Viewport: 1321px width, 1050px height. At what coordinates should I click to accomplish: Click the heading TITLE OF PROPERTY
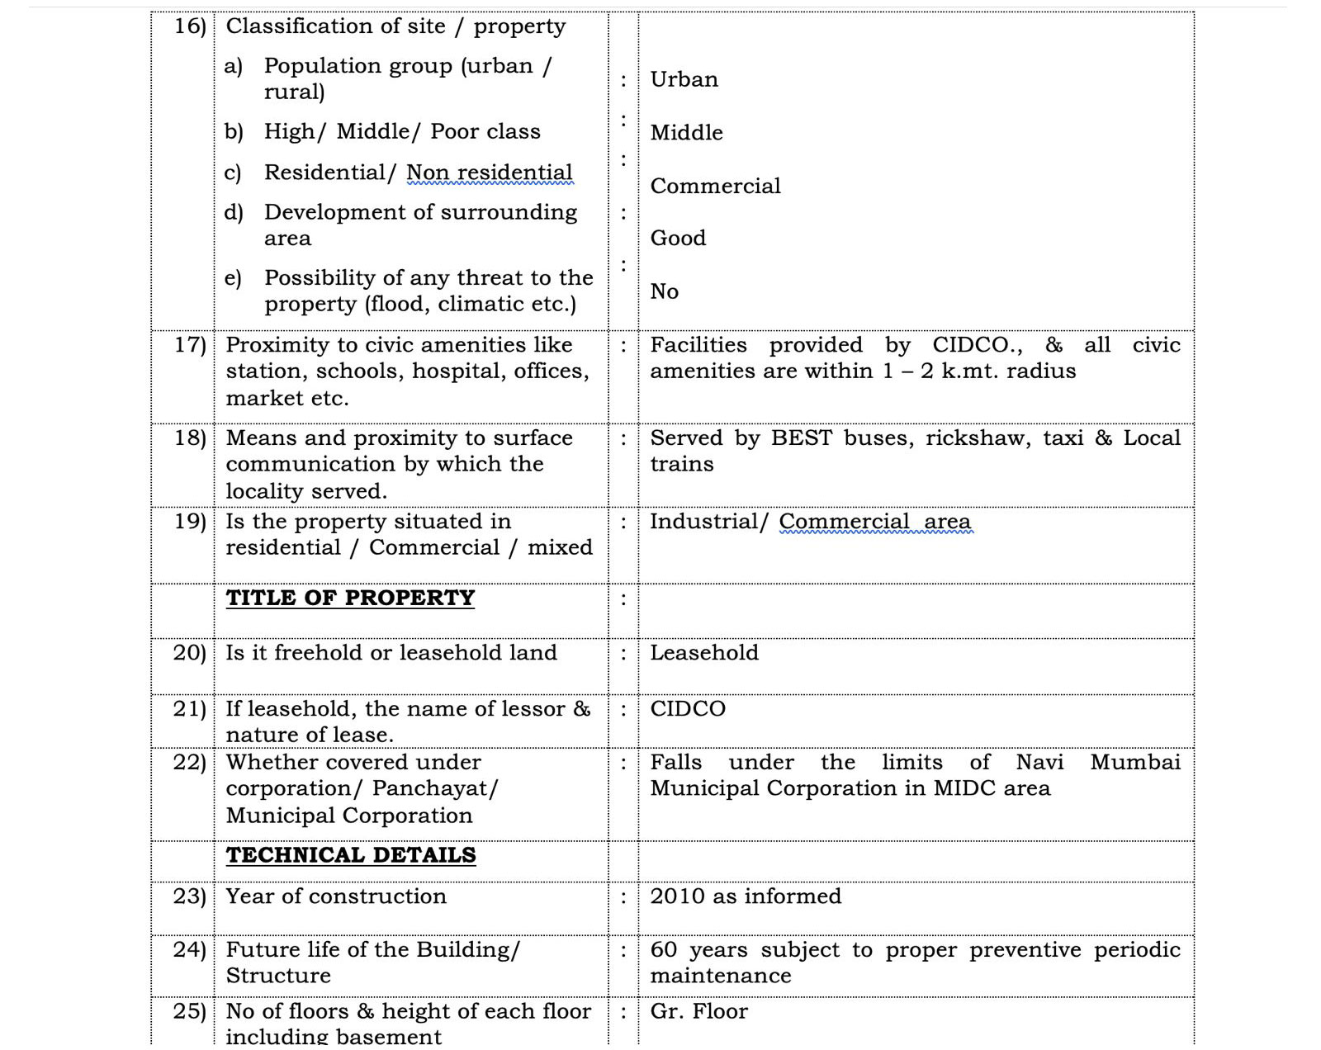[350, 598]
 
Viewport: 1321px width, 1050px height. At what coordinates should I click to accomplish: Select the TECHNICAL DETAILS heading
[351, 855]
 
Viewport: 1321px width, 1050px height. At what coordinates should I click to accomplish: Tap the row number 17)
[190, 345]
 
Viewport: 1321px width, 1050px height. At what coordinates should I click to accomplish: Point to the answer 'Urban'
[684, 79]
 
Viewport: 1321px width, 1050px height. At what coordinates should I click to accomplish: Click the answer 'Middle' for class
[686, 132]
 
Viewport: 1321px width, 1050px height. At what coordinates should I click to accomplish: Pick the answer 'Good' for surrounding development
[678, 238]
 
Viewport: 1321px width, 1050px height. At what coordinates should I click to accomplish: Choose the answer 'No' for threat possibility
[664, 291]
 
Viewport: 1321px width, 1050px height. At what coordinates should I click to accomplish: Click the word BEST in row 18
[801, 437]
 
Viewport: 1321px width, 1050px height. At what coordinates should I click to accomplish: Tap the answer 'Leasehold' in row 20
[703, 653]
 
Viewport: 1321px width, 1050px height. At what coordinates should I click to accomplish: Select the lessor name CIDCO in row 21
[688, 709]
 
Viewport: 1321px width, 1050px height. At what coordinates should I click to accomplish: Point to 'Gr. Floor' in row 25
[698, 1012]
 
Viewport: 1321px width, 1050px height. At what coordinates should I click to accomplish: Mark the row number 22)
[189, 762]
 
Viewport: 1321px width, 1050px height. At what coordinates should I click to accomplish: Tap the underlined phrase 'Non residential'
[489, 173]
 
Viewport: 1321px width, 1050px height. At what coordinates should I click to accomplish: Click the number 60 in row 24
[663, 950]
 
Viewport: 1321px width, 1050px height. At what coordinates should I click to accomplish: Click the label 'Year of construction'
[335, 896]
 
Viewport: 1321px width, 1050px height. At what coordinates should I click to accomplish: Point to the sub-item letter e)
[233, 278]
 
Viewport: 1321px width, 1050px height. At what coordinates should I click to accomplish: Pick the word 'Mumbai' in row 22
[1135, 762]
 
